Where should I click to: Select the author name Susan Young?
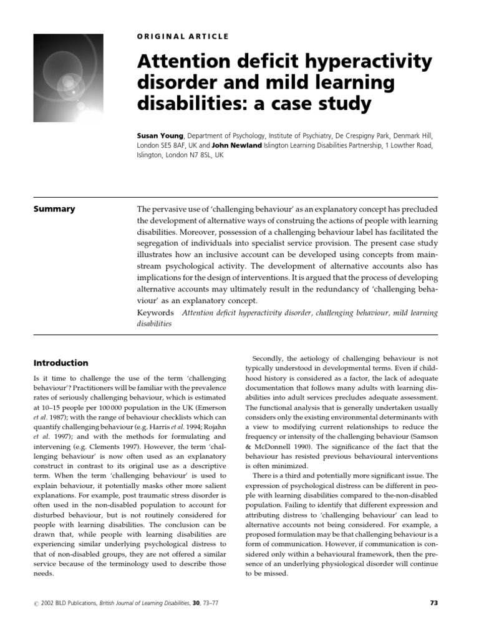click(x=160, y=134)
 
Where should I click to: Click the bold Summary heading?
click(x=54, y=209)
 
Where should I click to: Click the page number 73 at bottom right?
click(x=435, y=603)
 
